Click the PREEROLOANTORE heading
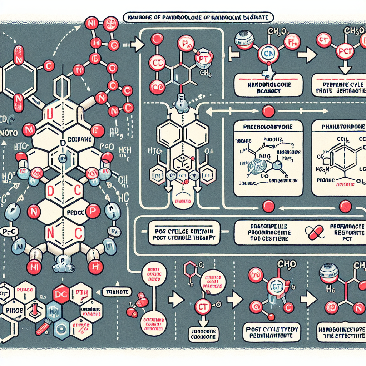268,127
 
